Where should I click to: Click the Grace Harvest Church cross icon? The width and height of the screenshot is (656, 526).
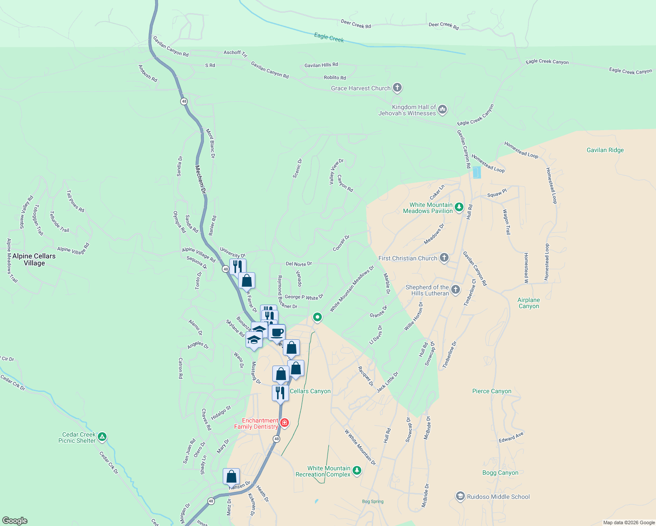[x=397, y=88]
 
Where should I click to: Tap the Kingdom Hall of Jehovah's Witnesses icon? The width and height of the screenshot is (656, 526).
[x=442, y=109]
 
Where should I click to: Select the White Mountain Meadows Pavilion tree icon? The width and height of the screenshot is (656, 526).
[x=459, y=207]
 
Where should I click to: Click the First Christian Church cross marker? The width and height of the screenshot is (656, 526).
[x=444, y=258]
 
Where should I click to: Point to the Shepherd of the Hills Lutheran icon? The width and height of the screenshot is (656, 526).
[x=456, y=289]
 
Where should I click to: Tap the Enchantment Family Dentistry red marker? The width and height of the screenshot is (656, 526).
[x=285, y=423]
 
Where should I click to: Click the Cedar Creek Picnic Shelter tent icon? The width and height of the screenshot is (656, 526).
[x=102, y=437]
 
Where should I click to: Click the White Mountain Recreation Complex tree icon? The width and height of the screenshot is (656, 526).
[x=357, y=470]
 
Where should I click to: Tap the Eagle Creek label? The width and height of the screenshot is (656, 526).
[x=329, y=38]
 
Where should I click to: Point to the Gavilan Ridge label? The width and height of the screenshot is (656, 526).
[x=605, y=150]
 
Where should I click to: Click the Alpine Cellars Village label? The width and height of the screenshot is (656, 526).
[x=34, y=259]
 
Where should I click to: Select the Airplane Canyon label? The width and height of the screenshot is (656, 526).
[x=528, y=303]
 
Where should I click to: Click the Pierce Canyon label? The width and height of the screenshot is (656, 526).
[x=492, y=391]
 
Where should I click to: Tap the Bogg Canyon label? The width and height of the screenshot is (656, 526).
[x=500, y=473]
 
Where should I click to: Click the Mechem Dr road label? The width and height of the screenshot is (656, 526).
[x=200, y=179]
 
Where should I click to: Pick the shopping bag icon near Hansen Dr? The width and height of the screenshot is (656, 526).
[x=231, y=476]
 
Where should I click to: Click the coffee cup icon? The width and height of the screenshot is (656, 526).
[x=277, y=332]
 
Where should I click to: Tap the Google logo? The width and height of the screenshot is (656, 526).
[x=14, y=521]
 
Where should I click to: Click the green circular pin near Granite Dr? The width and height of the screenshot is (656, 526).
[x=317, y=316]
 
